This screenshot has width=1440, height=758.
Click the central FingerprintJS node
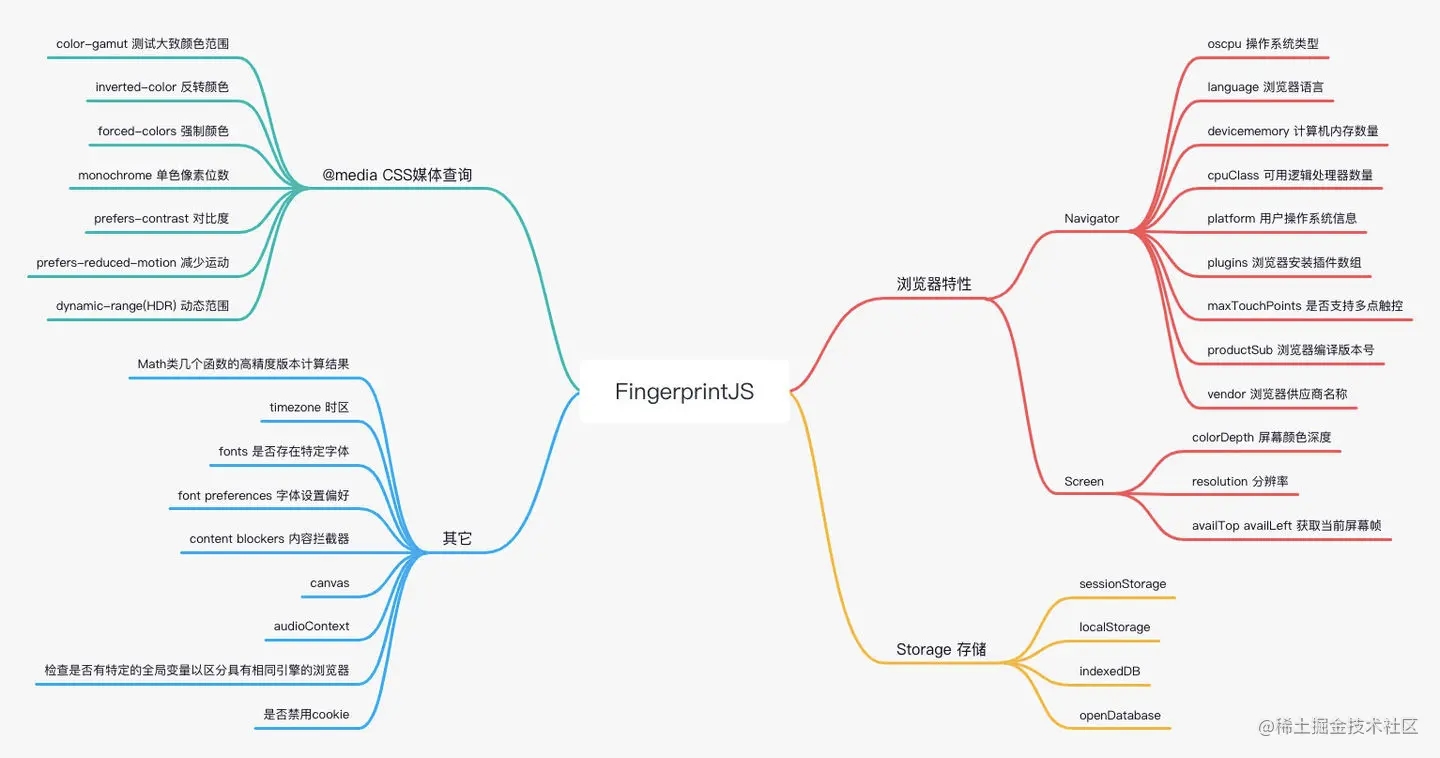[684, 391]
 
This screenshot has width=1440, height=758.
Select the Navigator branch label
[1091, 218]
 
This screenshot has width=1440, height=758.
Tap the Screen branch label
[1084, 481]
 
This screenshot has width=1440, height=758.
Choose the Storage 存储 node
[941, 649]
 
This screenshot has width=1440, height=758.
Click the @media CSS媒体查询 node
[397, 175]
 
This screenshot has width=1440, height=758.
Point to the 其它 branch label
[457, 538]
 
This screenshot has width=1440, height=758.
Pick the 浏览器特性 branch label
[933, 284]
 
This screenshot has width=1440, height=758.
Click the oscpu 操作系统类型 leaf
[1262, 43]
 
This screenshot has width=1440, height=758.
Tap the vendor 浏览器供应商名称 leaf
[1277, 394]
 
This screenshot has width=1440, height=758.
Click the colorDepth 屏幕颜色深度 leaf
[1261, 437]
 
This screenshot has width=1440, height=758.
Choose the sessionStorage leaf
[1122, 583]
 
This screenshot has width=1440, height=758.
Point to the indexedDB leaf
[1109, 671]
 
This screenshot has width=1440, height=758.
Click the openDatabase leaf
[1120, 715]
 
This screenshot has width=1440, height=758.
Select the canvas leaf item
[329, 583]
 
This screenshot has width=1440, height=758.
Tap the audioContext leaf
[311, 626]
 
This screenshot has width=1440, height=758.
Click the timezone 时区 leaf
[309, 407]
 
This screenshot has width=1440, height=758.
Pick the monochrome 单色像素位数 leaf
[153, 175]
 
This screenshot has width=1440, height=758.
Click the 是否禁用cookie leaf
[306, 714]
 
